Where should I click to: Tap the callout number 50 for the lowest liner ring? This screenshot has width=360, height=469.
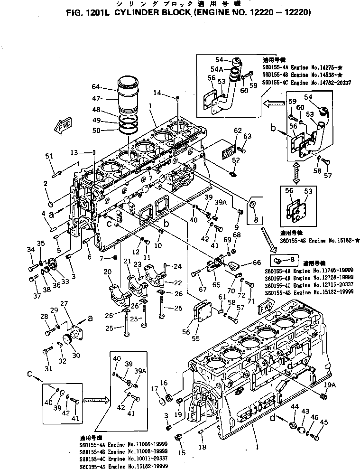(109, 130)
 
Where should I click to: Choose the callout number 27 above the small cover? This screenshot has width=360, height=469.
(64, 304)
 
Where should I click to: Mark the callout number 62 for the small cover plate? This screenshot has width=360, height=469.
(237, 130)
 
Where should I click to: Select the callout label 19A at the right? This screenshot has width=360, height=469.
(325, 384)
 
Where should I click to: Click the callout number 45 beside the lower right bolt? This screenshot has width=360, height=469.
(324, 422)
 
